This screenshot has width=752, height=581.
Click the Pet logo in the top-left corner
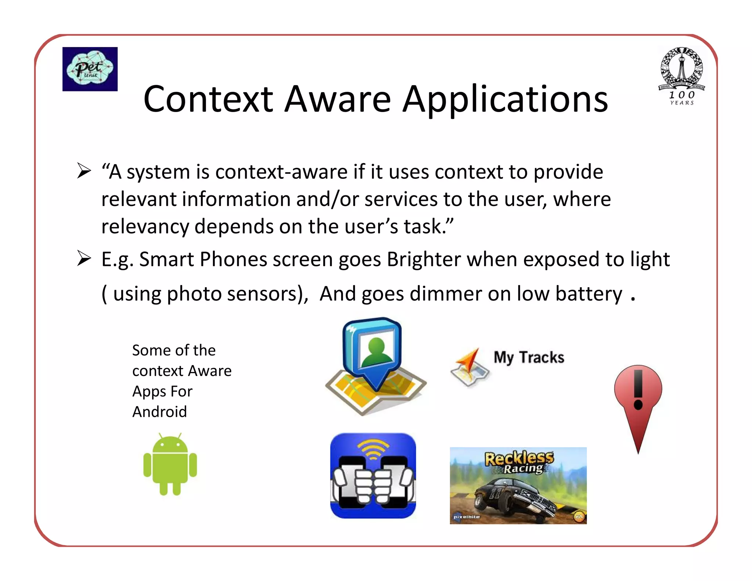coord(90,69)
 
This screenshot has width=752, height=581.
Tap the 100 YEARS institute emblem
coord(681,76)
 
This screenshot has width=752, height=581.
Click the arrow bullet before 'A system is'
coord(84,171)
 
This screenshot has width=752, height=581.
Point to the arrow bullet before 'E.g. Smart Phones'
coord(84,258)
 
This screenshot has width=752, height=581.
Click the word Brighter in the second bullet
coord(424,259)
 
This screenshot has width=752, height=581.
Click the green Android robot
coord(170,464)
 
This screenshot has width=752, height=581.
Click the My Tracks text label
coord(529,357)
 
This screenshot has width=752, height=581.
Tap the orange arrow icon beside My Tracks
coord(470,366)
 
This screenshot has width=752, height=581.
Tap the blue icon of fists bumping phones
coord(373,476)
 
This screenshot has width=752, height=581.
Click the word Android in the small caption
coord(159,412)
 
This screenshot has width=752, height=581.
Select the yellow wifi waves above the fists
coord(373,449)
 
